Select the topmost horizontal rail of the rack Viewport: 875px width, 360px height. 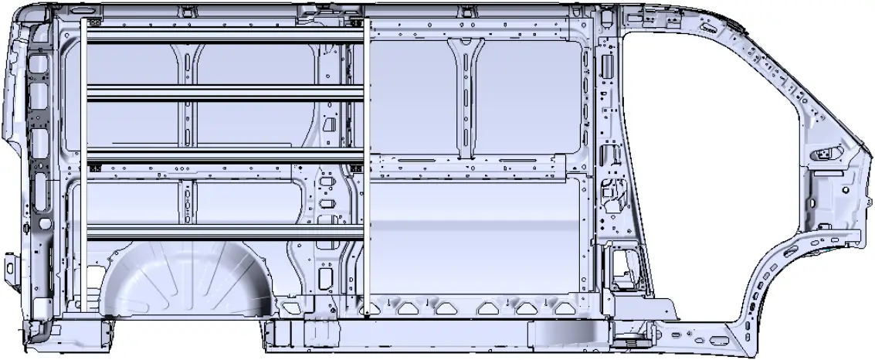[x=224, y=36]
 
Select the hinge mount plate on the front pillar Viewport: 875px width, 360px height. [x=825, y=155]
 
